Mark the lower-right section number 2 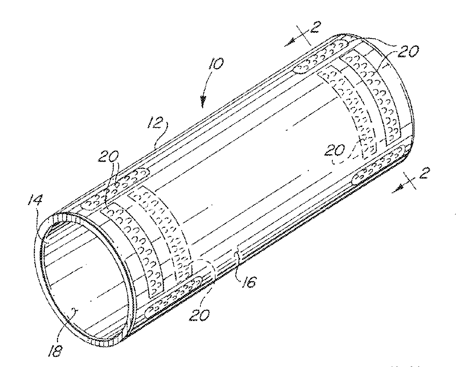coord(424,173)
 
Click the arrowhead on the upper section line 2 coord(289,44)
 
